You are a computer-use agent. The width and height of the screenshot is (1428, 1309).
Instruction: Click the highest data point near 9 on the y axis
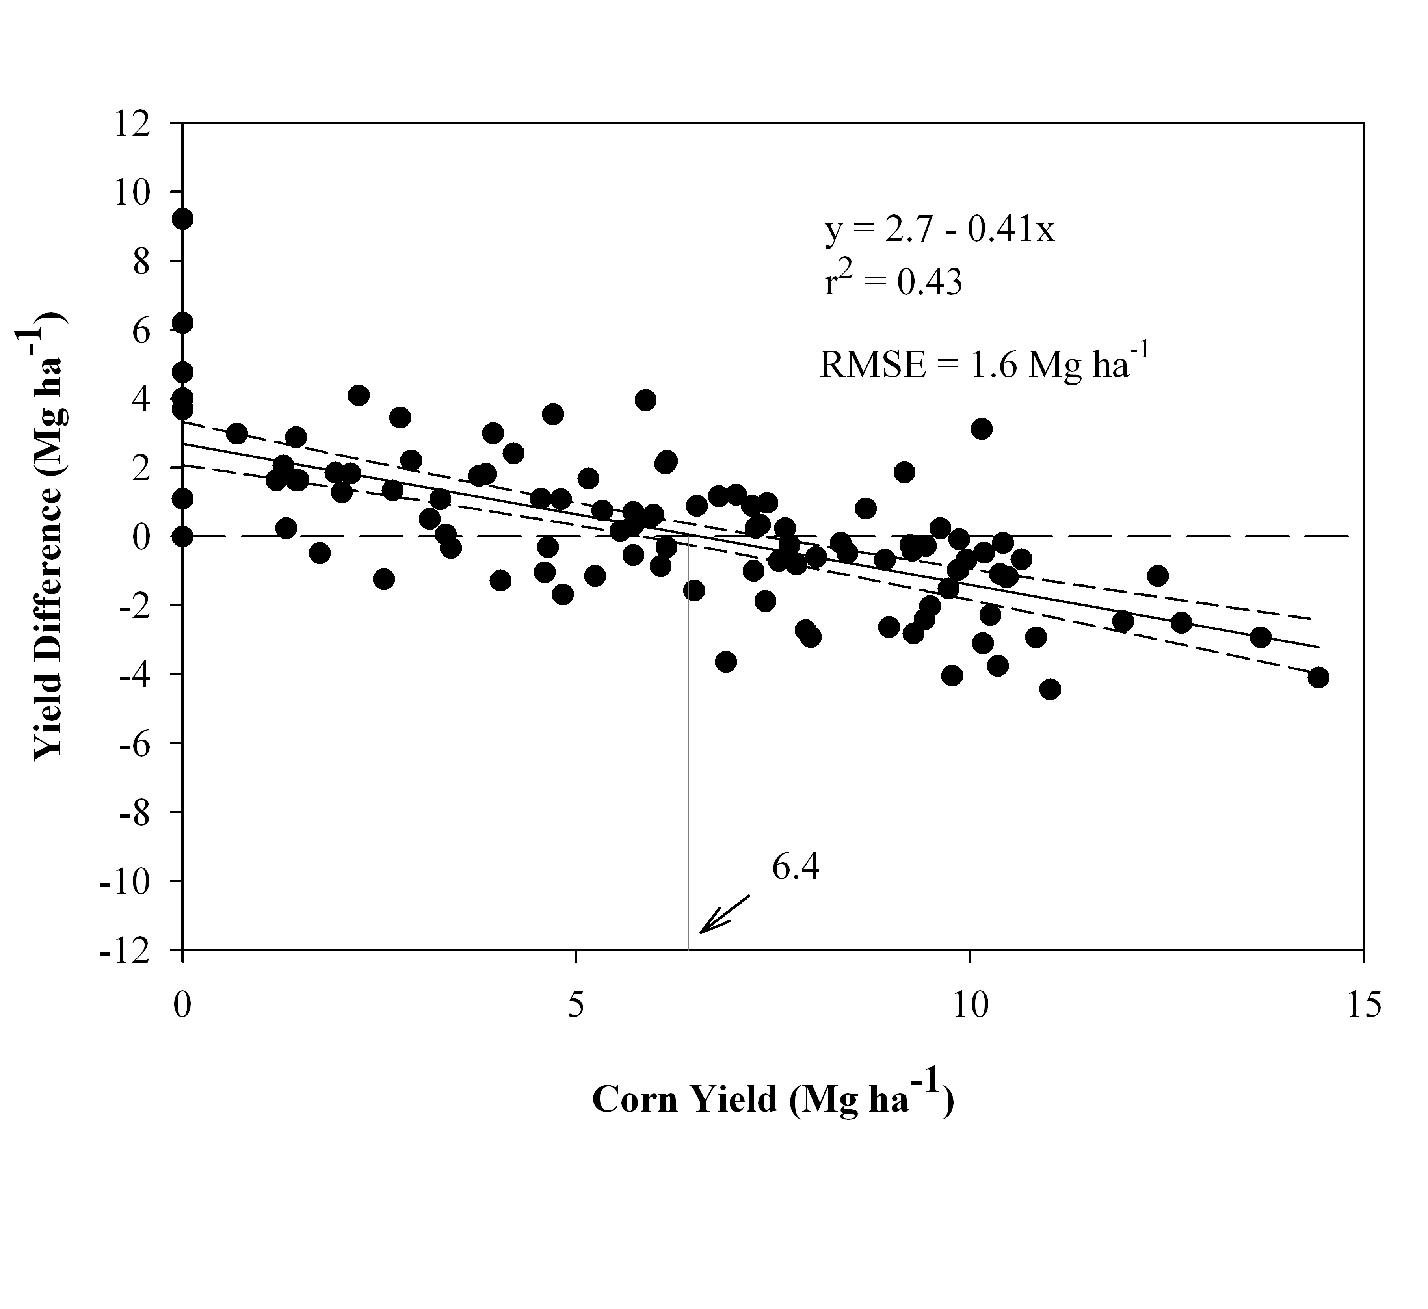point(183,219)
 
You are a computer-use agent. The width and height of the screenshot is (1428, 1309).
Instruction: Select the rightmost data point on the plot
point(1318,677)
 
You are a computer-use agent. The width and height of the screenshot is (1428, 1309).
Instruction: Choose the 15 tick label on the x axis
point(1363,1006)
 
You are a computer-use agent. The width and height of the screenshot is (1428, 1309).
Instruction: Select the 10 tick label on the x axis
point(970,1006)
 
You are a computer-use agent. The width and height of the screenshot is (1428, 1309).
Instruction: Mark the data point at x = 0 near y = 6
point(183,323)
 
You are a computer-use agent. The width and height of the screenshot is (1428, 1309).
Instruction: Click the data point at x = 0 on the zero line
point(183,536)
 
